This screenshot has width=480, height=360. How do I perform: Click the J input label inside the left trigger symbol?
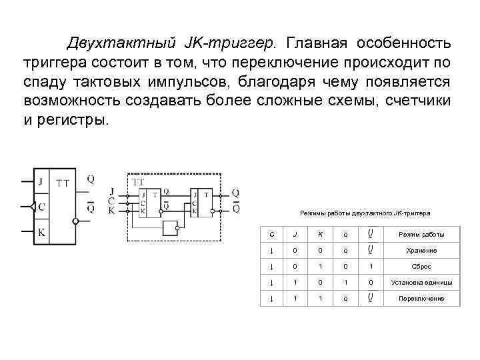pyautogui.click(x=41, y=181)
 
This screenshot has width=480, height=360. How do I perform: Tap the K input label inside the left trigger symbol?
pyautogui.click(x=41, y=233)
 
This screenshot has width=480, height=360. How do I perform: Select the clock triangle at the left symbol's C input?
pyautogui.click(x=33, y=207)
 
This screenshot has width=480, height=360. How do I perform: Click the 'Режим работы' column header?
pyautogui.click(x=421, y=235)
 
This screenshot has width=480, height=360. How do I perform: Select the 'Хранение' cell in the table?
pyautogui.click(x=421, y=251)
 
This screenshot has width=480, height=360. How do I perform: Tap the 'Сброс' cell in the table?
pyautogui.click(x=421, y=267)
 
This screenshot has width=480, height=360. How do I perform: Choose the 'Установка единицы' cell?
pyautogui.click(x=421, y=283)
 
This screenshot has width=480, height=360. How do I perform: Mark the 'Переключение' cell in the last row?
pyautogui.click(x=421, y=299)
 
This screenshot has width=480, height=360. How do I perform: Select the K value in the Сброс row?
pyautogui.click(x=320, y=267)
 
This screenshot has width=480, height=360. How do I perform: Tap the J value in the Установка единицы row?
pyautogui.click(x=295, y=283)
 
